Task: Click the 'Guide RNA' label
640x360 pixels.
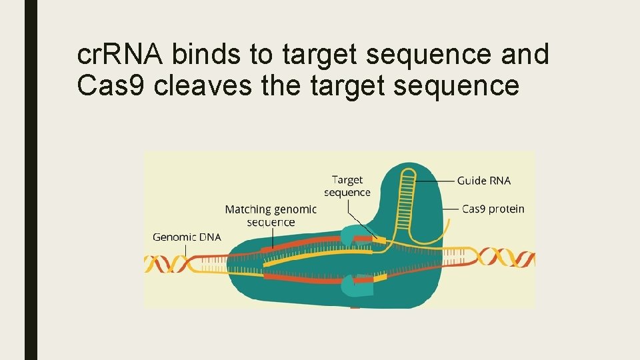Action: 484,181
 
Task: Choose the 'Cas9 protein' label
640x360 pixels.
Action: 493,209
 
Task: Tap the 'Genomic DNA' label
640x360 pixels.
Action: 187,237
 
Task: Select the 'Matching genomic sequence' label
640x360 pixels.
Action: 271,215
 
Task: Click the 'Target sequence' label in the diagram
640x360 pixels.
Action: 347,186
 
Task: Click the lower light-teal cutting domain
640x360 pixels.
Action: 351,286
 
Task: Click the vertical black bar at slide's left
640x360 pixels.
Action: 31,180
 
